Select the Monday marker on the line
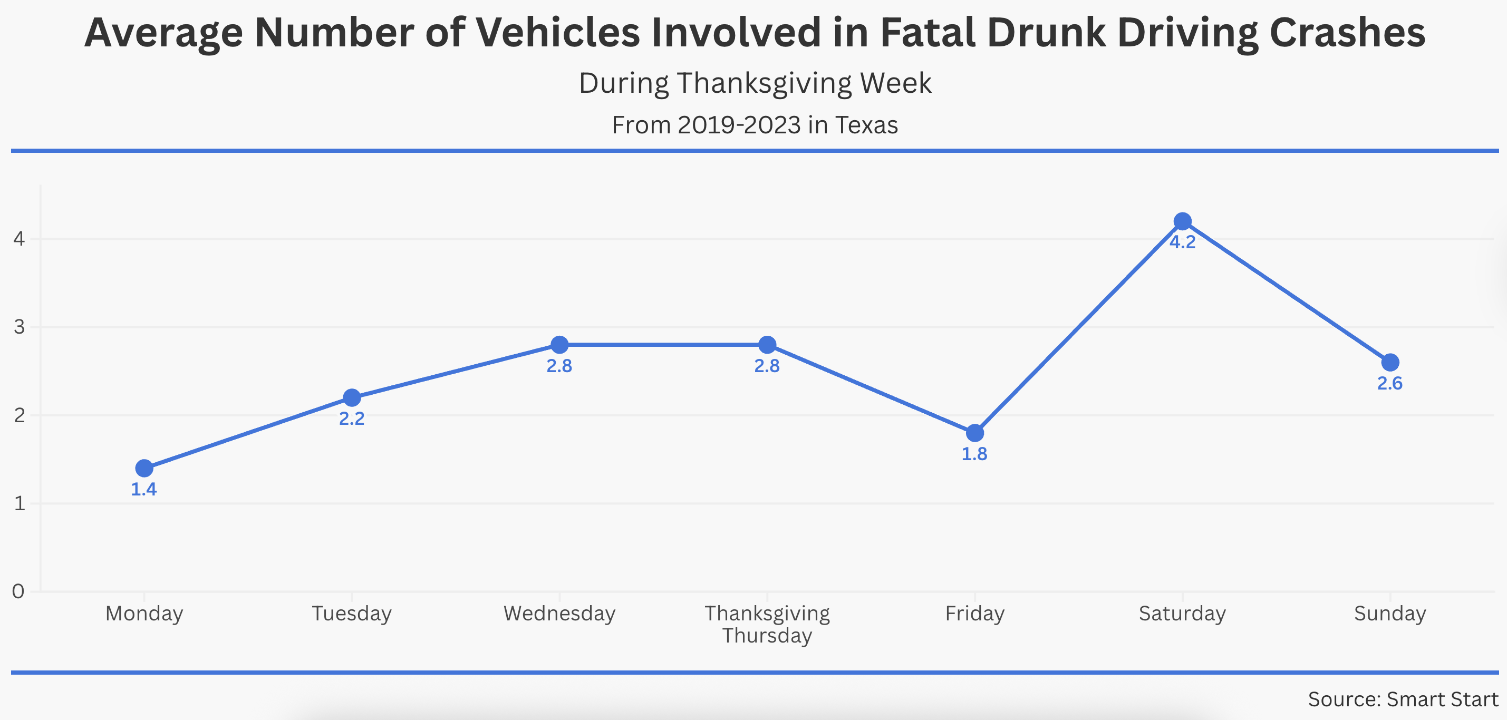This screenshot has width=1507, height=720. [144, 468]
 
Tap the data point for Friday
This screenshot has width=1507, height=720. [974, 433]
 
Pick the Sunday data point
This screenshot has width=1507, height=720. [1390, 363]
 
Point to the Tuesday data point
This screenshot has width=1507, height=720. [352, 398]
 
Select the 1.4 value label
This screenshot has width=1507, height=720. [144, 490]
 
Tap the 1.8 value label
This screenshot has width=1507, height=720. [974, 454]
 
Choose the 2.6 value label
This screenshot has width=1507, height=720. [1390, 384]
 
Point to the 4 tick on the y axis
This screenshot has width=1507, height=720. [20, 239]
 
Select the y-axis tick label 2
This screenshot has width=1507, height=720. [20, 415]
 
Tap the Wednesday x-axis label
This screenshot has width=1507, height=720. [559, 614]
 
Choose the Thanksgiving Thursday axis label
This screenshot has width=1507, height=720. [767, 624]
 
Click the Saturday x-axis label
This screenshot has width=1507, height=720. [1182, 614]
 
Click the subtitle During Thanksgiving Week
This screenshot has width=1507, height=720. [755, 83]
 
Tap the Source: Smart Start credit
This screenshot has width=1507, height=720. [1403, 699]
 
